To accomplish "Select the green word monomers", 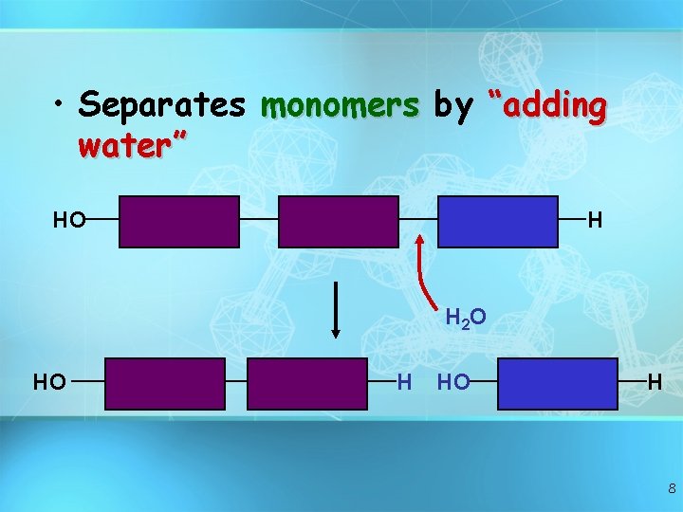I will pos(341,106).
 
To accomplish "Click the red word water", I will pos(133,147).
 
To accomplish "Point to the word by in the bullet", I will pos(453,106).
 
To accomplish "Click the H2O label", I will pos(466,318).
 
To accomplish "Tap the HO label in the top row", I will pos(68,221).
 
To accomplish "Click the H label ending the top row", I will pos(596,221).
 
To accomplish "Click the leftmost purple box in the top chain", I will pos(179,221).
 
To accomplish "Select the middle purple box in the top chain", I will pos(339,221).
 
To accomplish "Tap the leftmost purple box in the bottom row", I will pos(165,383).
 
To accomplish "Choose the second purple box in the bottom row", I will pos(307,383).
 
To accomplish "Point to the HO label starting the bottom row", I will pos(49,383).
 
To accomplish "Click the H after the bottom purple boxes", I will pos(404,383).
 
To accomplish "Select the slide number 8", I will pos(672,489).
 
